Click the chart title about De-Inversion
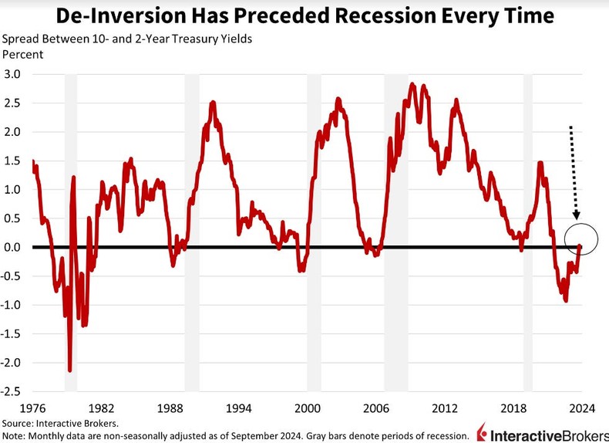[304, 15]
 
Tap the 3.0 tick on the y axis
[15, 74]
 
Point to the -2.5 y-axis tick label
[12, 391]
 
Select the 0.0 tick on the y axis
[15, 247]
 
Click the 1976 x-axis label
[32, 407]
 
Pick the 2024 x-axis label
[582, 407]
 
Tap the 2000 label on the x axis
[308, 407]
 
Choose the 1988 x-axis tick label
[170, 407]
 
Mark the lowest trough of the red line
[70, 370]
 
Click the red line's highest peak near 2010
[413, 84]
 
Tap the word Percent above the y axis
[22, 54]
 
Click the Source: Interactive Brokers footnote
[60, 424]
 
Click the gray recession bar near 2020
[528, 232]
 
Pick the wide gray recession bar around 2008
[396, 232]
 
